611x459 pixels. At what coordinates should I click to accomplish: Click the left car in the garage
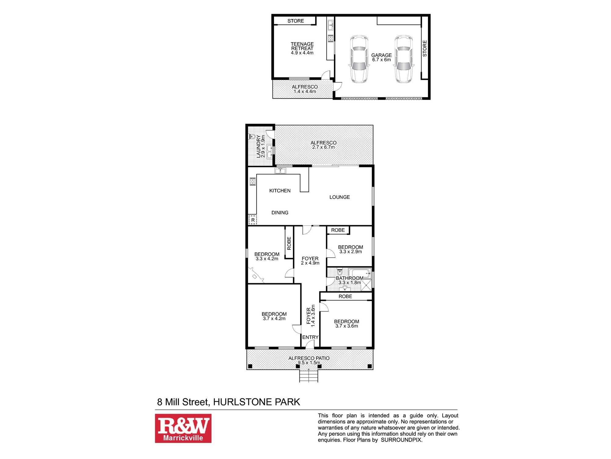point(359,59)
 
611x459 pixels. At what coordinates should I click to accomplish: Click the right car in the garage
point(403,59)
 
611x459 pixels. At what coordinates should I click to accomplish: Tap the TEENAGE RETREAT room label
point(302,48)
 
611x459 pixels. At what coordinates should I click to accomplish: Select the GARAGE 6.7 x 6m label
point(381,57)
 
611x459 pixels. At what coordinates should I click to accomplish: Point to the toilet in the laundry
point(252,136)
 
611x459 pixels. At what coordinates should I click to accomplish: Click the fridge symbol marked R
point(253,220)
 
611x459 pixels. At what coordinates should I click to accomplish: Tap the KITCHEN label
point(280,191)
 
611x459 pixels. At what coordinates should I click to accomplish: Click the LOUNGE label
point(339,197)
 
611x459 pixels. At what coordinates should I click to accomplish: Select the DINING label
point(280,213)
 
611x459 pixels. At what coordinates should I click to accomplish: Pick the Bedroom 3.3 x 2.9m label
point(350,249)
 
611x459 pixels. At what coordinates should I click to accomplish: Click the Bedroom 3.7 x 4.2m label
point(274,316)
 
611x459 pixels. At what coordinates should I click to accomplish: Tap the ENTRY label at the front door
point(310,337)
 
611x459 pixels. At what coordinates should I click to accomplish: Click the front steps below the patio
point(309,376)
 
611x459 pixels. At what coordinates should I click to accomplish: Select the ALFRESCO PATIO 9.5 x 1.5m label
point(309,360)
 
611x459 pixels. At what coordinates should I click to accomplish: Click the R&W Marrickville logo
point(183,428)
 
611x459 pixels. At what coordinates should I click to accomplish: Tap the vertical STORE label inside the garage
point(424,48)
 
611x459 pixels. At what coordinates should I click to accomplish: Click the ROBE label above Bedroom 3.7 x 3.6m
point(345,296)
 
